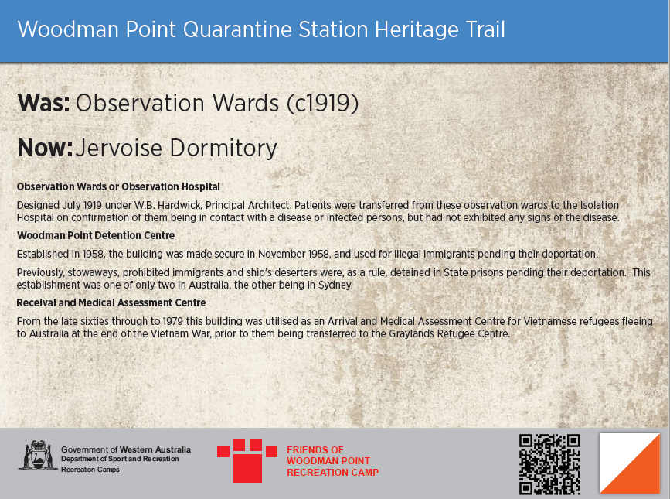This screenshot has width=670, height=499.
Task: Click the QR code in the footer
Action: [549, 463]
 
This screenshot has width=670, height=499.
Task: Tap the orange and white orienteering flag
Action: [630, 463]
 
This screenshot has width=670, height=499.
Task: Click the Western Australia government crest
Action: [36, 456]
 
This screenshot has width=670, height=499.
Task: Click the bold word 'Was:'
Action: [43, 103]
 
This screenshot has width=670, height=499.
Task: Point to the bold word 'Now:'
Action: [45, 147]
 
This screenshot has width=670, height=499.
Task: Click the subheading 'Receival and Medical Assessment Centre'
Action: [111, 302]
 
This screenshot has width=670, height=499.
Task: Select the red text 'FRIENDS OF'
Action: [315, 449]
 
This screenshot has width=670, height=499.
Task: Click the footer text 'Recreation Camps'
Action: [90, 470]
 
